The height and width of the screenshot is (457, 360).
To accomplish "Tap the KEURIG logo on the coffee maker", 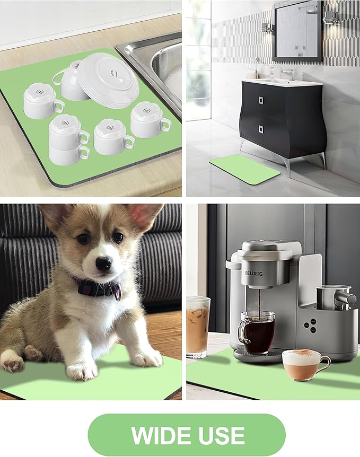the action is tap(253, 274).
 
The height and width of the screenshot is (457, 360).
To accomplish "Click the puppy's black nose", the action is tap(103, 263).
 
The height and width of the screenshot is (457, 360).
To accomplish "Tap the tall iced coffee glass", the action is tap(197, 327).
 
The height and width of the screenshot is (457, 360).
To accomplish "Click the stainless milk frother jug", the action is tap(336, 297).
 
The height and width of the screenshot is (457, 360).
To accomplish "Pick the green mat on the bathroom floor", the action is tap(244, 169).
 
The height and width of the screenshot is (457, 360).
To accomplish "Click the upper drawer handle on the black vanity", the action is tap(261, 101).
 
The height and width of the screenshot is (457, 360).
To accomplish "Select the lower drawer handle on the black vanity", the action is tap(261, 129).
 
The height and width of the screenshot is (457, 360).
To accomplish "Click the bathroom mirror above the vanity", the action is tap(297, 31).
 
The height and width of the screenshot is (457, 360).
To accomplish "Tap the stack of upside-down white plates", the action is tap(108, 80).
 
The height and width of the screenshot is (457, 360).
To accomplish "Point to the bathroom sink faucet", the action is tap(287, 74).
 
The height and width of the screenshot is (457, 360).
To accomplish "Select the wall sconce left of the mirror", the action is tap(267, 27).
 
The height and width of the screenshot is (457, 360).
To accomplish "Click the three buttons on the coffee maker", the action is tap(310, 326).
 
